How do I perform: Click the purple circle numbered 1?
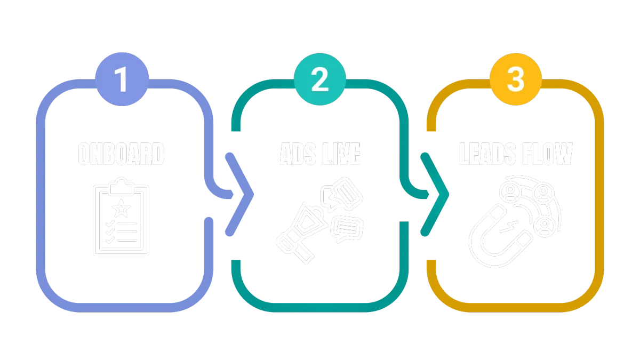point(122,79)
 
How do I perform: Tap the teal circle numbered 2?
point(319,79)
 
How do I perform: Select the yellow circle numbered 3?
point(515,79)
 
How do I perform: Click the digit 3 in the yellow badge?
point(515,79)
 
